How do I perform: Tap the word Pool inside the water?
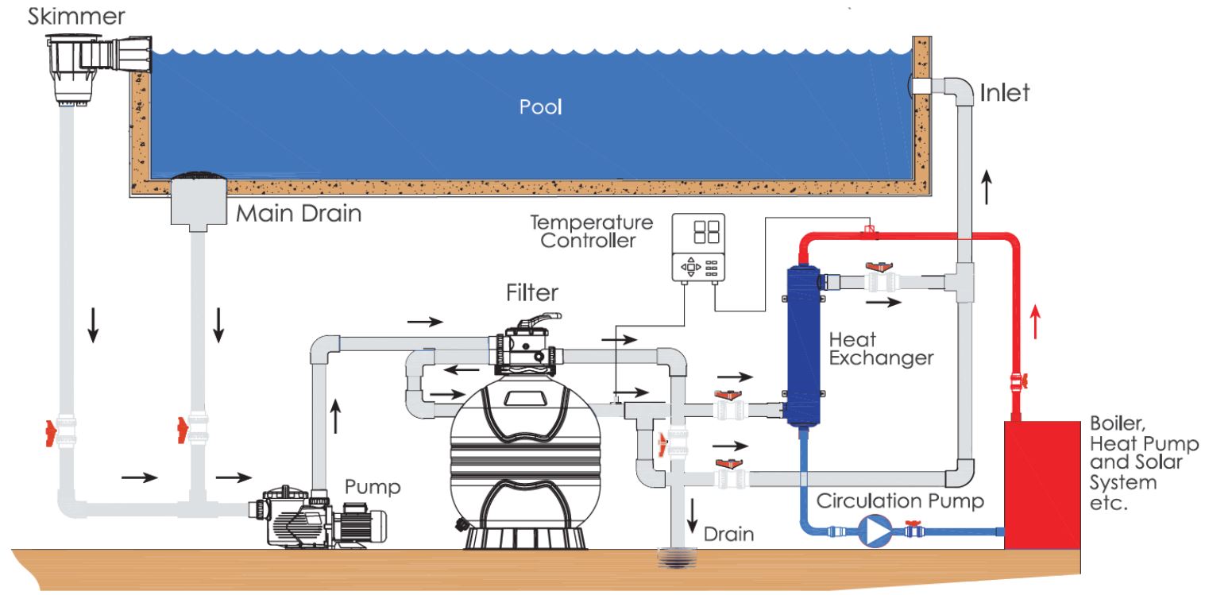coord(540,106)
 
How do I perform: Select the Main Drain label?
coord(299,214)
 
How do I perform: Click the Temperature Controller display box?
coord(699,249)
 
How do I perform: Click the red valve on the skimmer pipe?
coord(55,434)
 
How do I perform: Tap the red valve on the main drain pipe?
coord(183,428)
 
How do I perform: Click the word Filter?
coord(532,293)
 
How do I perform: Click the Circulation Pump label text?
coord(900,501)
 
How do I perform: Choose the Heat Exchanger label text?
coord(881,349)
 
